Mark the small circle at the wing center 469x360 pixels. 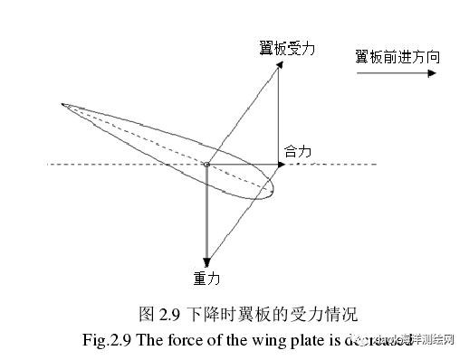point(206,165)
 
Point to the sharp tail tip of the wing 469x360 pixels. point(62,105)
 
